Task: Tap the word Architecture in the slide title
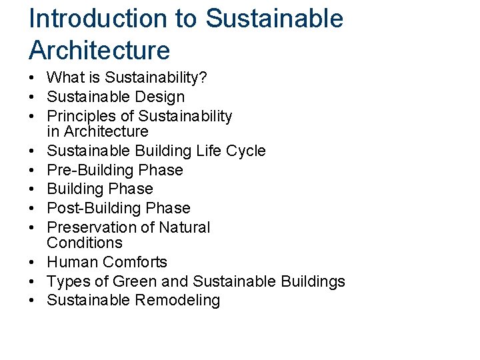tap(99, 50)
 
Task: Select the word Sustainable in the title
tap(275, 18)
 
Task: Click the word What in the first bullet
tap(66, 78)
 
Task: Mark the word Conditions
tap(85, 243)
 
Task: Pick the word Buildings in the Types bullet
tap(313, 281)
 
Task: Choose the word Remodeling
tap(177, 300)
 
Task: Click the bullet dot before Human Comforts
tap(33, 262)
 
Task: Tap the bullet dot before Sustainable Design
tap(33, 97)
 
